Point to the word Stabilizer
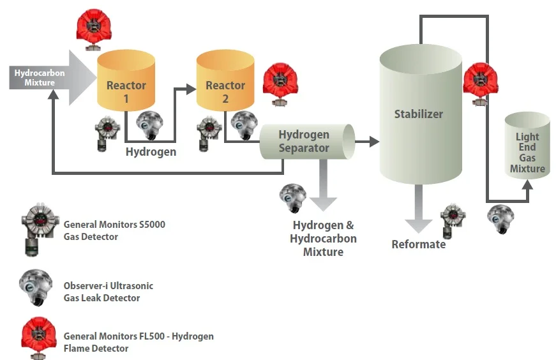(x=418, y=114)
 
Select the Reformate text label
(x=418, y=244)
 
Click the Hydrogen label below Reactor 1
(x=151, y=152)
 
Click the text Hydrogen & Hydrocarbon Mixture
(x=323, y=238)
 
